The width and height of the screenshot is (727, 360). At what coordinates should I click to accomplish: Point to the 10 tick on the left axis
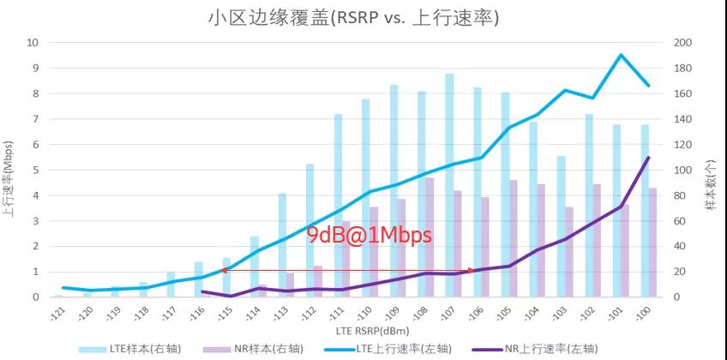point(33,43)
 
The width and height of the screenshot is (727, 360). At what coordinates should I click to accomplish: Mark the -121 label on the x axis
point(57,313)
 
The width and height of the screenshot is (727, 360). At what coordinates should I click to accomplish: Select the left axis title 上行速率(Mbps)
point(8,171)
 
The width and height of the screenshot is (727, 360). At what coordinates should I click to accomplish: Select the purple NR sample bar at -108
point(430,237)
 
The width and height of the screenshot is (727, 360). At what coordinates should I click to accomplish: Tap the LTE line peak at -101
point(620,55)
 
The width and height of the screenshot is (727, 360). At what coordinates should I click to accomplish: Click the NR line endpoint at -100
point(648,158)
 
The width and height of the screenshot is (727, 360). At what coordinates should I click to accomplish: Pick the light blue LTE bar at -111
point(339,206)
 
